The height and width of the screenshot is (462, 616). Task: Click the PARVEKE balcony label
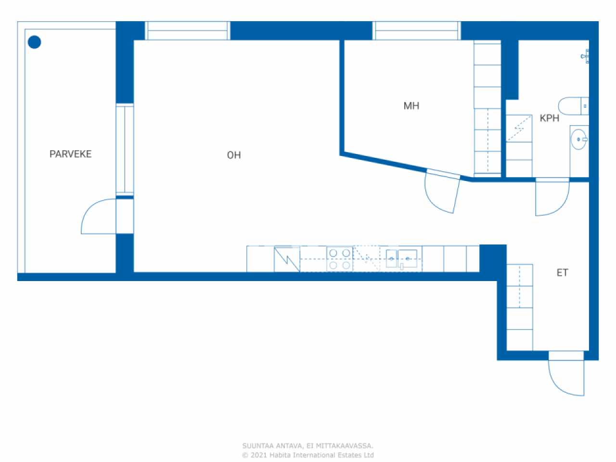pyautogui.click(x=70, y=154)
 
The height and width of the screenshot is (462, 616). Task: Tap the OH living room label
pyautogui.click(x=234, y=155)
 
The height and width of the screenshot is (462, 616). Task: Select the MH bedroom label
pyautogui.click(x=411, y=106)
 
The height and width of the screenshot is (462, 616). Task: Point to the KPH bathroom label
pyautogui.click(x=549, y=118)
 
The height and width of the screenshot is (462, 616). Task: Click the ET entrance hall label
pyautogui.click(x=562, y=273)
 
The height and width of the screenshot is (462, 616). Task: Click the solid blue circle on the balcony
pyautogui.click(x=34, y=42)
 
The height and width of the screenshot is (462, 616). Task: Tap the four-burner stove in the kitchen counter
pyautogui.click(x=339, y=259)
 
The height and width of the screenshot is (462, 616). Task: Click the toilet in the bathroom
pyautogui.click(x=573, y=106)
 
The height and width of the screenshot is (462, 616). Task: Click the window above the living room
pyautogui.click(x=187, y=31)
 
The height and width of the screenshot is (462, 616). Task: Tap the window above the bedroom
pyautogui.click(x=417, y=31)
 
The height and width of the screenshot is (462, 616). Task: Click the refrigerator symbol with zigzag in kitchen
pyautogui.click(x=287, y=259)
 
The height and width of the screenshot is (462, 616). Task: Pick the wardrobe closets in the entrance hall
pyautogui.click(x=520, y=307)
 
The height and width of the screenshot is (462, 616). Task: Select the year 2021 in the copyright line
pyautogui.click(x=258, y=455)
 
